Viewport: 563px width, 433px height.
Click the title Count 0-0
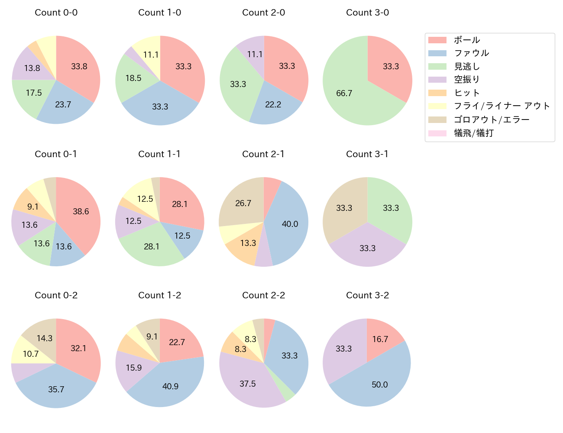[56, 13]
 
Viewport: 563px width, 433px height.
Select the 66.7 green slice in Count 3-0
[344, 93]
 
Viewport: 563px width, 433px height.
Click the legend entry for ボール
[466, 40]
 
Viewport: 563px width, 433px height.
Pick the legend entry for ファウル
[471, 53]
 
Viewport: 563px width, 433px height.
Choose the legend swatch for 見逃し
[437, 66]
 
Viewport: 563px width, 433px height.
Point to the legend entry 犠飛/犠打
[473, 133]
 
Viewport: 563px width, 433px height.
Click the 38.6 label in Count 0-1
[81, 211]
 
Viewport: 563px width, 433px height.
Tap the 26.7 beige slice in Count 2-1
[243, 204]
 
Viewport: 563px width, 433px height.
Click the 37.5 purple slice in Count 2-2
[248, 383]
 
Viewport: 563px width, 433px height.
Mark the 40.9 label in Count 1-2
[170, 386]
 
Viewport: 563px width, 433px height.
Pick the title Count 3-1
[367, 154]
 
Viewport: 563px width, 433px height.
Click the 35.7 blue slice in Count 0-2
[56, 389]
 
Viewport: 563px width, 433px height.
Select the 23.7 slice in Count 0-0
[64, 105]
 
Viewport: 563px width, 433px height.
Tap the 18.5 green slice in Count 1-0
[133, 78]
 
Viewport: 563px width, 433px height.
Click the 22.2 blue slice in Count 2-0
[272, 105]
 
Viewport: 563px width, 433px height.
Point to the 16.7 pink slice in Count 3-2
[380, 339]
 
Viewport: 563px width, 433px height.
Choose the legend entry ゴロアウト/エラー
[491, 120]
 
